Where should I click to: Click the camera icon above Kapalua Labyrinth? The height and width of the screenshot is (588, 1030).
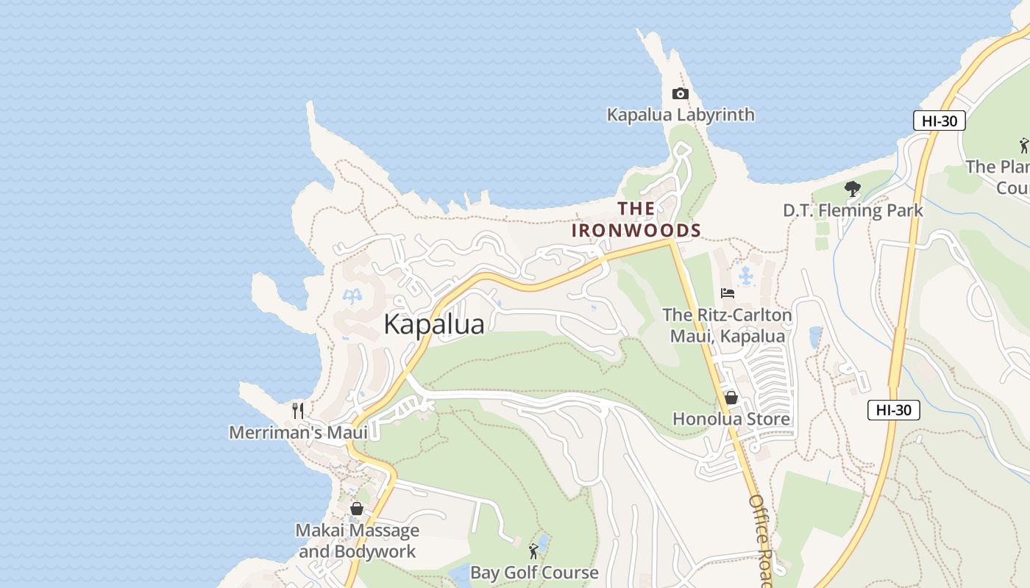coord(681,93)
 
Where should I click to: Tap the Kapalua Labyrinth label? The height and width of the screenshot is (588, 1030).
coord(681,115)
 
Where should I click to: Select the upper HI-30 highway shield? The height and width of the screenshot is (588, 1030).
coord(940,121)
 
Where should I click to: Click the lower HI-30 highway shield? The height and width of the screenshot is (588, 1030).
coord(894,410)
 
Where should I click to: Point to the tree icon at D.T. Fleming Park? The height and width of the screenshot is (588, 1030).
coord(853,189)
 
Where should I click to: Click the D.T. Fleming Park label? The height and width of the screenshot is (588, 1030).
coord(853,210)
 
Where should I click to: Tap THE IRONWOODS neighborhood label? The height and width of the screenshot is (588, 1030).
coord(636,219)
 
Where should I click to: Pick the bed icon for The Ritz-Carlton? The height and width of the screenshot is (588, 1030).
coord(728,293)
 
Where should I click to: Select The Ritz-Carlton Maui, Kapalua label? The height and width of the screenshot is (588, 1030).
coord(727,326)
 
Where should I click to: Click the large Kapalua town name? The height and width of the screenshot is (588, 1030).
coord(434,324)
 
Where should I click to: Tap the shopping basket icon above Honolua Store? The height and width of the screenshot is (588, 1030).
coord(731,398)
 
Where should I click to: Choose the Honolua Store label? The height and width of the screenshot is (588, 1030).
coord(731,419)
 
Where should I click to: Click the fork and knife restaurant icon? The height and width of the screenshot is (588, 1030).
coord(298,410)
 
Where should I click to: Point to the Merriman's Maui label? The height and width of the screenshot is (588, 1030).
coord(298,432)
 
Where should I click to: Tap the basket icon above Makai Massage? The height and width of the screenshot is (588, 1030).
coord(357,509)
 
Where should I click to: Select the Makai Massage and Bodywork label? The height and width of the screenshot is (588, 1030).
coord(358,540)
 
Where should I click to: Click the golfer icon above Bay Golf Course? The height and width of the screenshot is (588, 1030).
coord(534,551)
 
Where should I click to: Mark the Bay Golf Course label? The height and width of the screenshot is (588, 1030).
coord(534,572)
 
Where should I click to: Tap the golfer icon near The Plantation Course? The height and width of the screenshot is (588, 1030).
coord(1023,145)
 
